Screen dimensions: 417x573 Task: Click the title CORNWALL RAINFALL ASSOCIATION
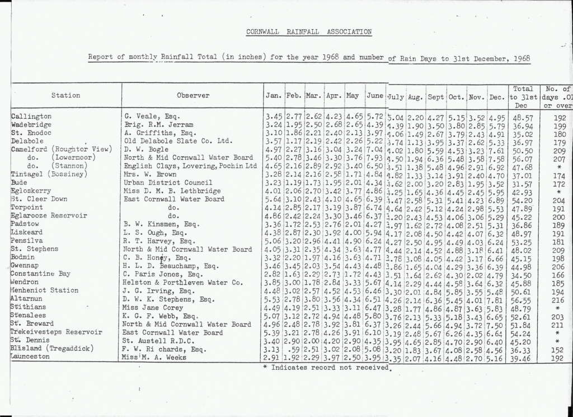308,32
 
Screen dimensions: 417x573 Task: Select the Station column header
65,96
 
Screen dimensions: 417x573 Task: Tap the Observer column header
193,96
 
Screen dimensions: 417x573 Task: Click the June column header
375,96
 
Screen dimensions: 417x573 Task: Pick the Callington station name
31,117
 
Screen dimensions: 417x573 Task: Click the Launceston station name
31,356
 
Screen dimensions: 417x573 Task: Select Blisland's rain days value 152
556,349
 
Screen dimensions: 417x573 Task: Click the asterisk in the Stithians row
557,307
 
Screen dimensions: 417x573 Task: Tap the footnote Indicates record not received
326,367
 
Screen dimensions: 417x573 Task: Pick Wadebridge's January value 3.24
274,124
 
